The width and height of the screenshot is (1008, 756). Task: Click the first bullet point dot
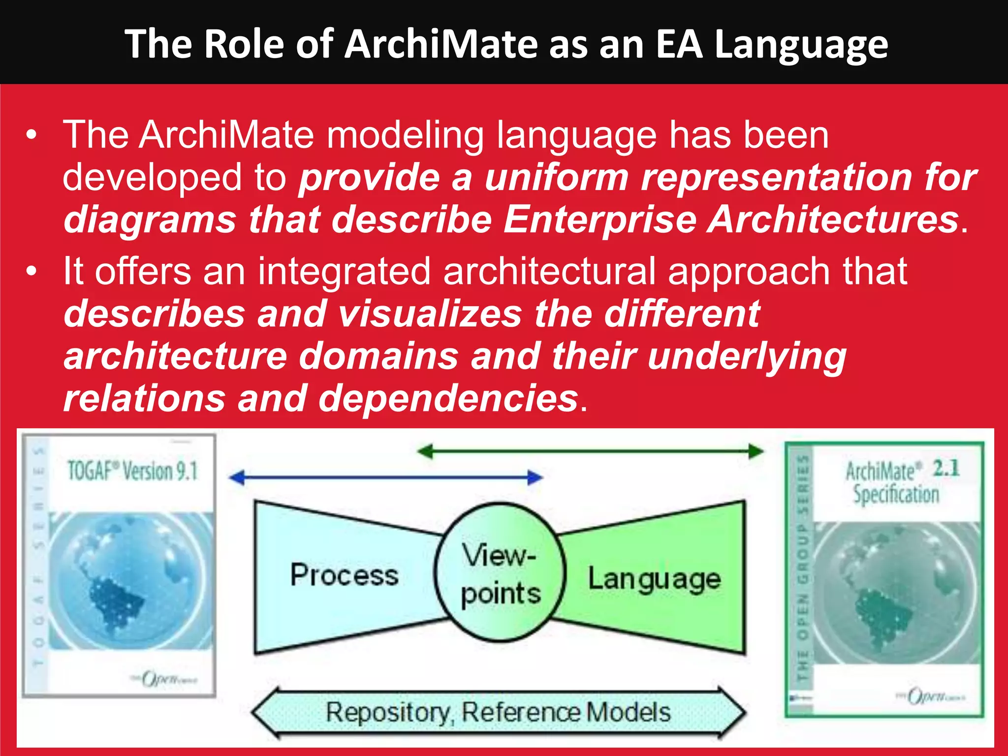coord(31,135)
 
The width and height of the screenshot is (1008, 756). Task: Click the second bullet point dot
coord(31,272)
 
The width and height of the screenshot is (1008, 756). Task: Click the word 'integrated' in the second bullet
coord(344,272)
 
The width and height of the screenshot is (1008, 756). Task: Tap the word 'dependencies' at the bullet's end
coord(448,399)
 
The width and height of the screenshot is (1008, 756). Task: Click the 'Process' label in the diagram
coord(344,575)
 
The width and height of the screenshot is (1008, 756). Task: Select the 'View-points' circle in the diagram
coord(500,572)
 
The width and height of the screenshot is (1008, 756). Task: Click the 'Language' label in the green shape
coord(654,579)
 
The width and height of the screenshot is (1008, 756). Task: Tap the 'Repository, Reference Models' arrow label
coord(498,712)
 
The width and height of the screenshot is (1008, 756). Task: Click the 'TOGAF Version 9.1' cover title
coord(132,471)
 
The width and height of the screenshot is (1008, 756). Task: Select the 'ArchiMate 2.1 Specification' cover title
coord(901,482)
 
